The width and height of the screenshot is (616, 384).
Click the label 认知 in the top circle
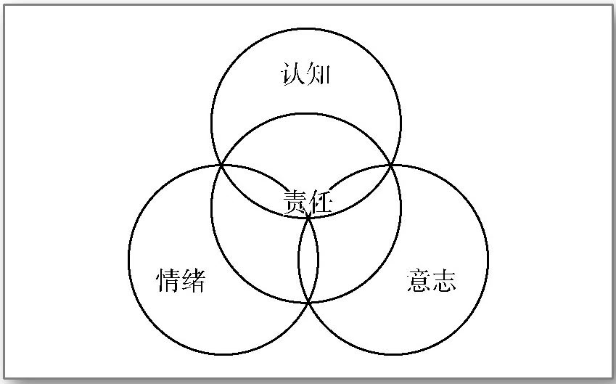[305, 74]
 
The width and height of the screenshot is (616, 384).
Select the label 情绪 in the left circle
[181, 280]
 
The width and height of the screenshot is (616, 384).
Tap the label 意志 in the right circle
[432, 280]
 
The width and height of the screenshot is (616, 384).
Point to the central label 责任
[308, 201]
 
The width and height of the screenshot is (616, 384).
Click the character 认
[292, 74]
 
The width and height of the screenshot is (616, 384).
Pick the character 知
[318, 74]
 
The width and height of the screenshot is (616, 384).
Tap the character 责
[295, 201]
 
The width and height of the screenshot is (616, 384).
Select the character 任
[320, 201]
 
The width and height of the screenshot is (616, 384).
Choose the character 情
[168, 280]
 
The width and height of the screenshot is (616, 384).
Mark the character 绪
[194, 280]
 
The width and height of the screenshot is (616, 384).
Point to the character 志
[444, 280]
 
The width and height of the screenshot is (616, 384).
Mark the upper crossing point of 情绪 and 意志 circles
[308, 216]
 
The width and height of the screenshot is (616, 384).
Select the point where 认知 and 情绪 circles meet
[221, 166]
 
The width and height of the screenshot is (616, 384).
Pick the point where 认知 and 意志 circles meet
[392, 166]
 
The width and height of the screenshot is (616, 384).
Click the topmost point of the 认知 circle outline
[305, 29]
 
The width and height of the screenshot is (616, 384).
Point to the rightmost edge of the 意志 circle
[488, 260]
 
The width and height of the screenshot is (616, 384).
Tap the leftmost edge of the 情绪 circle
[128, 260]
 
